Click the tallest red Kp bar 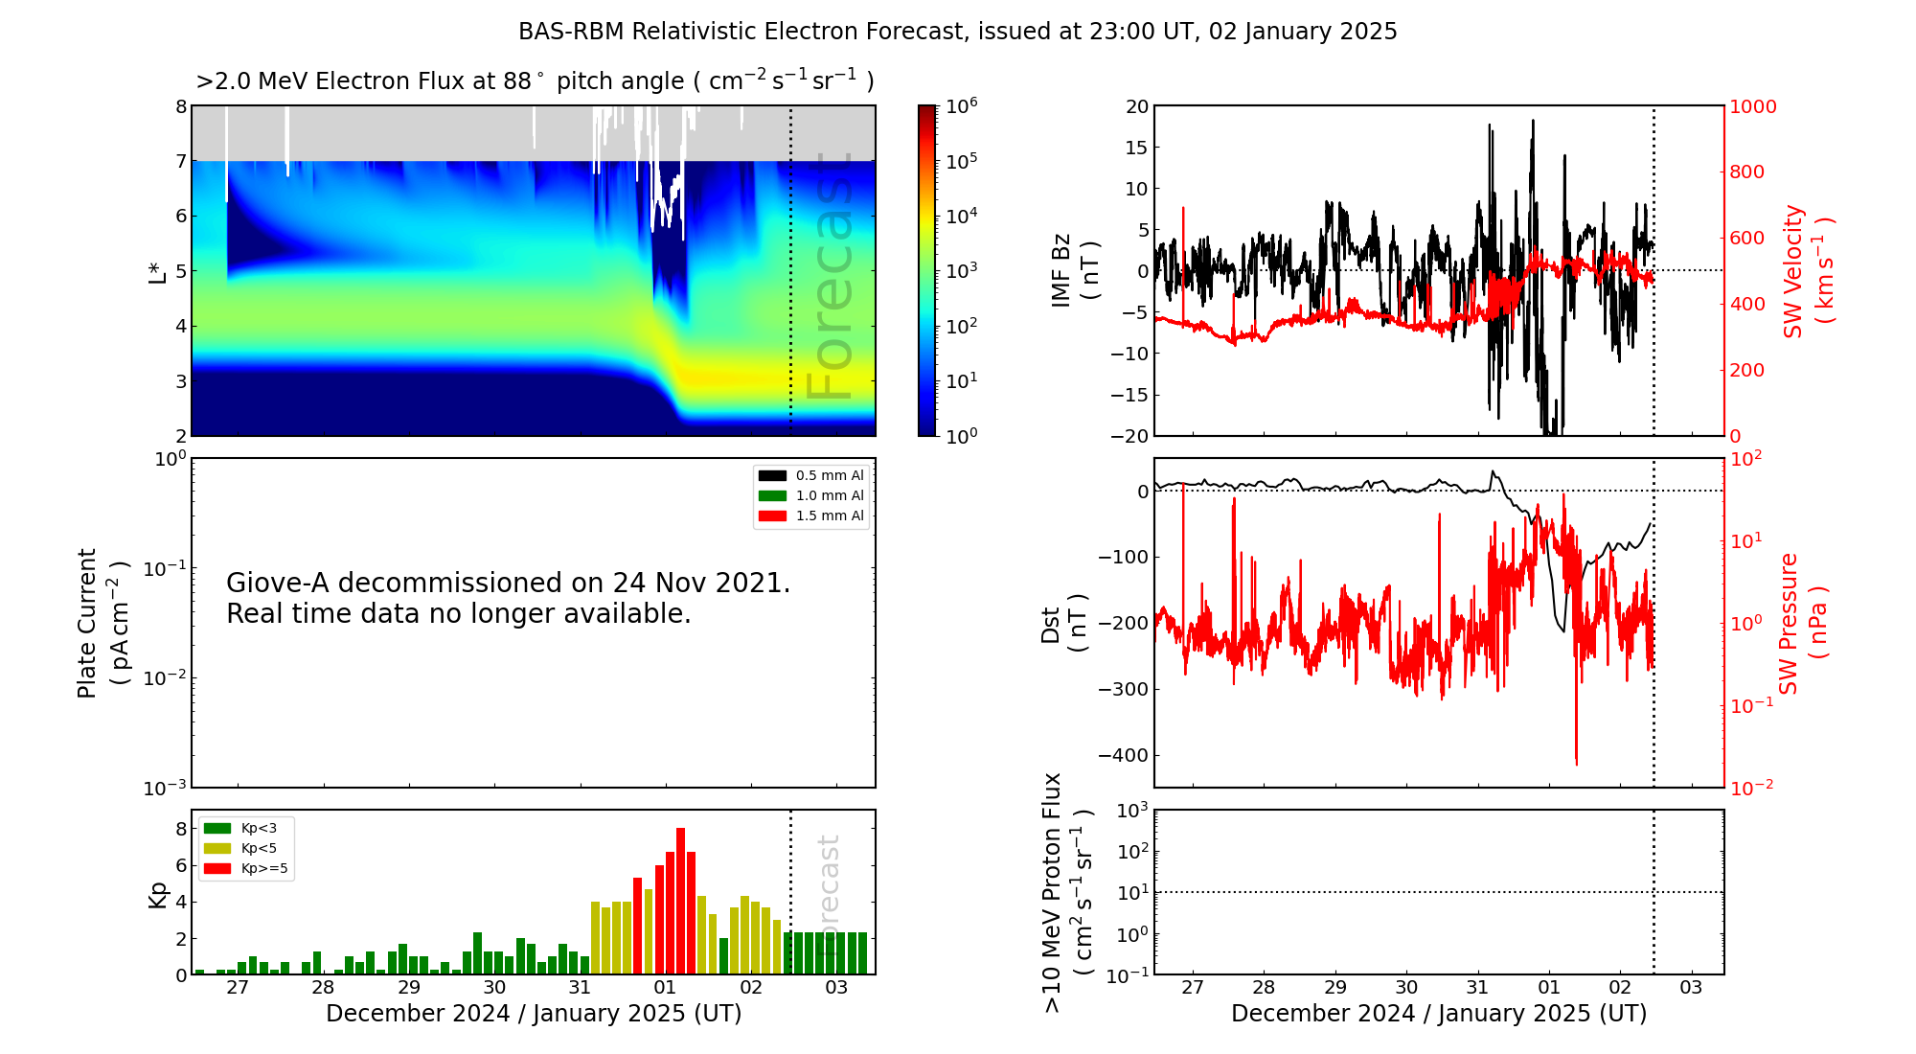pyautogui.click(x=680, y=901)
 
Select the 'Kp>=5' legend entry pyautogui.click(x=264, y=869)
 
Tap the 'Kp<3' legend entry pyautogui.click(x=259, y=828)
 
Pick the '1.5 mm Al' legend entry pyautogui.click(x=830, y=516)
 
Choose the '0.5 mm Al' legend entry pyautogui.click(x=830, y=475)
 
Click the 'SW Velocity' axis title pyautogui.click(x=1793, y=271)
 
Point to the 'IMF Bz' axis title pyautogui.click(x=1061, y=270)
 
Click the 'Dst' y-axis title pyautogui.click(x=1051, y=624)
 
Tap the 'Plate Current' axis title pyautogui.click(x=87, y=623)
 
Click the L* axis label pyautogui.click(x=158, y=271)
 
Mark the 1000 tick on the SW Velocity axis pyautogui.click(x=1752, y=106)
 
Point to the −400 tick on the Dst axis pyautogui.click(x=1122, y=755)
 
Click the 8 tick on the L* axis pyautogui.click(x=181, y=106)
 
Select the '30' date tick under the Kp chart pyautogui.click(x=494, y=988)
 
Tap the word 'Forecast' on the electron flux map pyautogui.click(x=830, y=278)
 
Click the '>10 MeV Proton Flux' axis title pyautogui.click(x=1053, y=892)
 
